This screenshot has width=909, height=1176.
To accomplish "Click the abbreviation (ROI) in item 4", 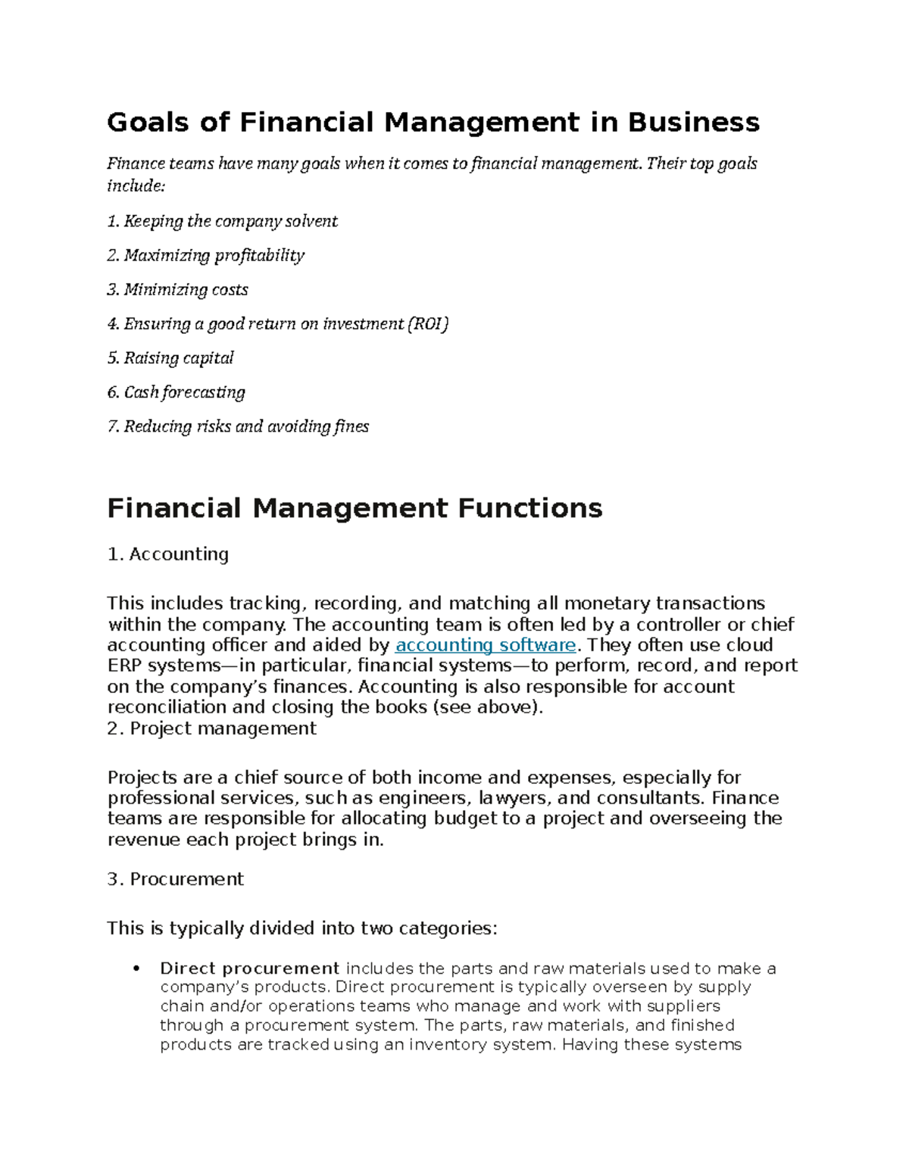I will coord(428,324).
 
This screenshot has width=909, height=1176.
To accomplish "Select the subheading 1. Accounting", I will coord(168,554).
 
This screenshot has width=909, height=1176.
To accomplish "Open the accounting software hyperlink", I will coord(486,645).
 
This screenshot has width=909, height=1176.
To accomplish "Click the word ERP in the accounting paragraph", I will coord(124,666).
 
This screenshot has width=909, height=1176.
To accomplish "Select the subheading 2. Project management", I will coord(211,728).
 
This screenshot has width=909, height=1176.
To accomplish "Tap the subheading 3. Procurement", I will coord(175,879).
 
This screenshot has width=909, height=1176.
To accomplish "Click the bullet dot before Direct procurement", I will coord(136,969).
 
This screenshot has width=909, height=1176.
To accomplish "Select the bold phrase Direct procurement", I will coord(249,969).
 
